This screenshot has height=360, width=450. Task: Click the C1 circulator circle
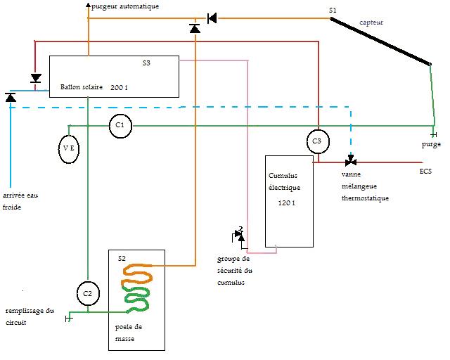click(120, 125)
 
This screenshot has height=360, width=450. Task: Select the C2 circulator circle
click(87, 293)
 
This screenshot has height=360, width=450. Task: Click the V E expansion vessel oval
click(68, 149)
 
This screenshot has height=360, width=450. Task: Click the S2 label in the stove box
click(122, 259)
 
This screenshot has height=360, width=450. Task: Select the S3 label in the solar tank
click(146, 63)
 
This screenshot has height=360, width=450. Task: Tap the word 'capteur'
click(371, 22)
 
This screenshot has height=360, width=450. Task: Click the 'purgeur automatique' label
click(126, 6)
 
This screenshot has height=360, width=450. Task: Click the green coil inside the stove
click(137, 301)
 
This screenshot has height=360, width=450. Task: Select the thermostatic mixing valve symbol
click(349, 162)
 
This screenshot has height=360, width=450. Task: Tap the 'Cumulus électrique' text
click(285, 182)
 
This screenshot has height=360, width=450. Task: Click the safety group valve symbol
click(240, 235)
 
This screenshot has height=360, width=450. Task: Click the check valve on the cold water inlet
click(11, 97)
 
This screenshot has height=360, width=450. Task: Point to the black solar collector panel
click(380, 42)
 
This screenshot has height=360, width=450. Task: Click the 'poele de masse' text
click(129, 333)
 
